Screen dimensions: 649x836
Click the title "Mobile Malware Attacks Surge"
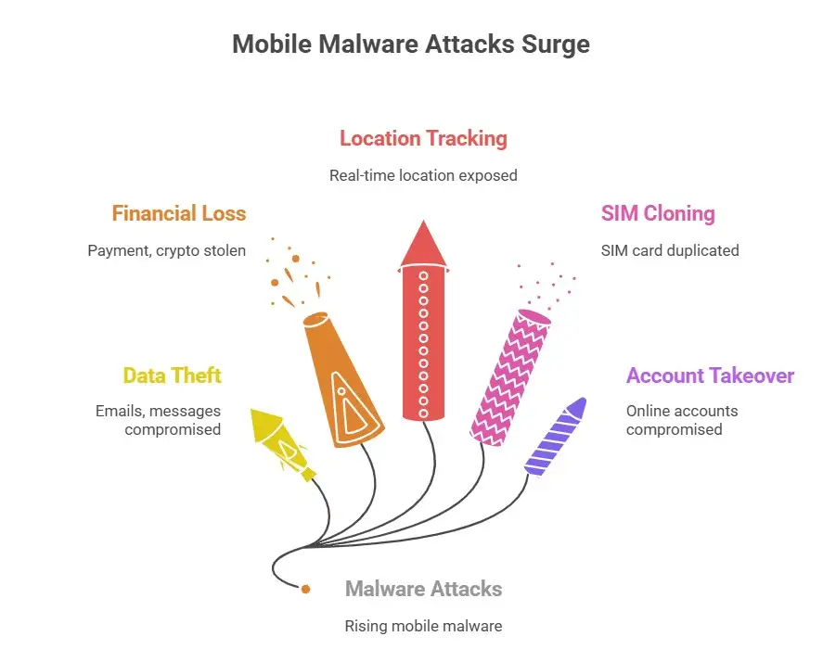(x=410, y=45)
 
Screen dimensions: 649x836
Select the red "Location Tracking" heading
(x=423, y=139)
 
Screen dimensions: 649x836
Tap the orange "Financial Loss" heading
(x=179, y=214)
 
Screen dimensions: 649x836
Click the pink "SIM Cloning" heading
(x=658, y=214)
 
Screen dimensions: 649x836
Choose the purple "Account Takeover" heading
(x=710, y=375)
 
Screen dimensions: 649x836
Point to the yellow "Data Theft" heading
(x=173, y=375)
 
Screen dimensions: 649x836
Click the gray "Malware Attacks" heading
(x=423, y=589)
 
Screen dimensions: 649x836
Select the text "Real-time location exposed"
(x=423, y=175)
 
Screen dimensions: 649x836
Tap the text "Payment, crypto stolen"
(x=167, y=250)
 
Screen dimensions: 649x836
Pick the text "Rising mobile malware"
(x=423, y=626)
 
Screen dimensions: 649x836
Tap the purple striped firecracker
(x=556, y=435)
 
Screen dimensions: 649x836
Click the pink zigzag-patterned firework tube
(x=510, y=375)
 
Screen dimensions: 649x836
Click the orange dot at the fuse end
(x=305, y=588)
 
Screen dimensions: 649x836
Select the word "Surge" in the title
(x=555, y=45)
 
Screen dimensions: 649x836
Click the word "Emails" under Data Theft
(x=119, y=411)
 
